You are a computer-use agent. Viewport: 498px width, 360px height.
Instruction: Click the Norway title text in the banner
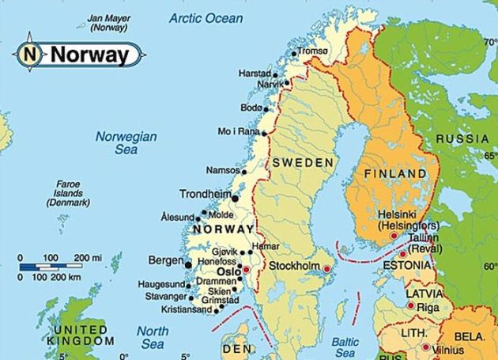[x=89, y=55]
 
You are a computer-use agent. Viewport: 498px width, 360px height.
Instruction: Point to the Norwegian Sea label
[x=126, y=142]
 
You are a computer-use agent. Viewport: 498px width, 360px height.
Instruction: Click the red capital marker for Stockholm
[x=326, y=269]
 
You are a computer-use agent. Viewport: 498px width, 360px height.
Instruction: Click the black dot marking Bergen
[x=188, y=265]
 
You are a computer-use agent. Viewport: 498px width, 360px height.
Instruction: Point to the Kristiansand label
[x=187, y=309]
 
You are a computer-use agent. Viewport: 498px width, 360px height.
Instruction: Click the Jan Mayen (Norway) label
[x=108, y=21]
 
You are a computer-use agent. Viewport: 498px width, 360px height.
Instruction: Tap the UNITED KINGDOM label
[x=78, y=335]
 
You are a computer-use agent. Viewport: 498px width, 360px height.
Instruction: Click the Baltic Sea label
[x=345, y=347]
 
